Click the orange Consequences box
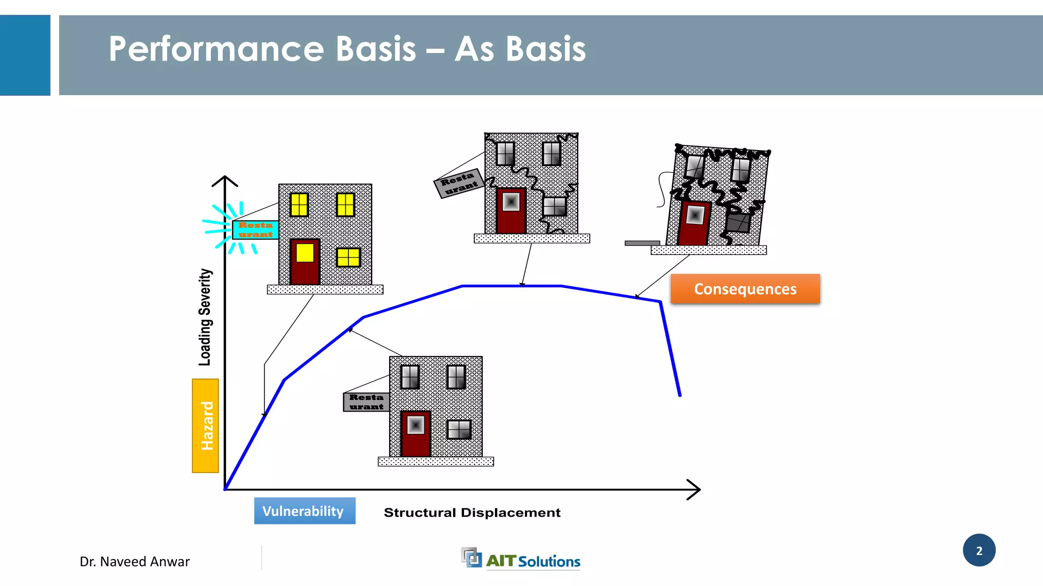pos(745,289)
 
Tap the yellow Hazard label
pos(205,426)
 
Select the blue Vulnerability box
pos(305,511)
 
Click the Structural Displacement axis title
pos(472,513)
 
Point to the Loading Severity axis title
pos(205,317)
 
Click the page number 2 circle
pos(979,550)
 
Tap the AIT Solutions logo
pos(521,560)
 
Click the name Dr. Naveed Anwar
pos(134,562)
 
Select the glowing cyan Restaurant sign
pos(255,230)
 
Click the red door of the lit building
pos(305,262)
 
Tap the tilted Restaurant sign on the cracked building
pos(459,183)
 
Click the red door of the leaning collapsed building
pos(694,223)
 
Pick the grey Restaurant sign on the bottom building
pos(366,402)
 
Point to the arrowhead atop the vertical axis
pos(225,179)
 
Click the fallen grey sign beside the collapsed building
pos(642,243)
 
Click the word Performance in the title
pos(216,49)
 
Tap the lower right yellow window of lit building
pos(348,257)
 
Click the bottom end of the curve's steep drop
pos(679,394)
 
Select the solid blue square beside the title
pos(25,55)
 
